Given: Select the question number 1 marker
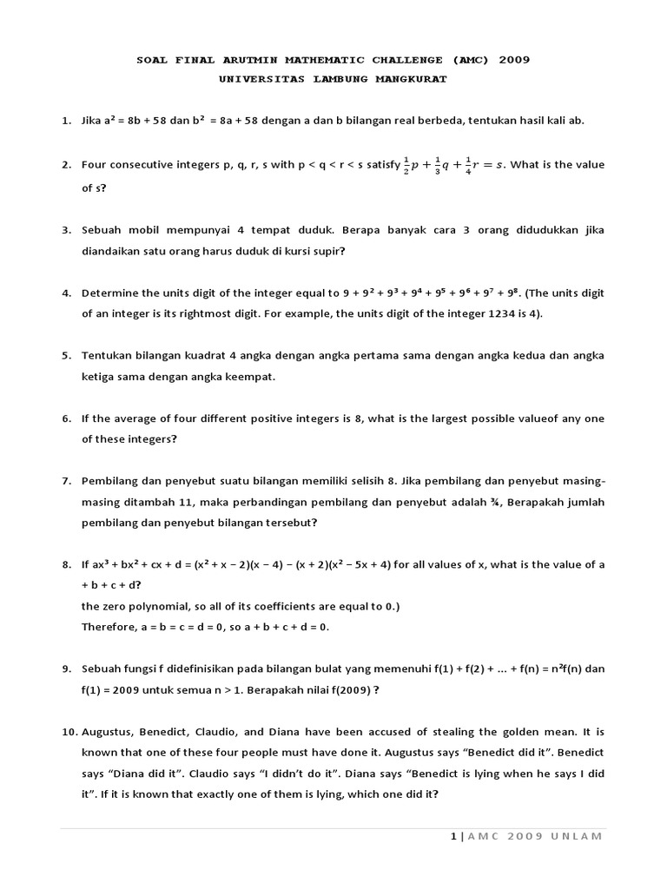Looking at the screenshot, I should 66,121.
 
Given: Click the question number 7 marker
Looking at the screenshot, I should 66,481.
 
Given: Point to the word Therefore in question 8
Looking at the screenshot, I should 109,627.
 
